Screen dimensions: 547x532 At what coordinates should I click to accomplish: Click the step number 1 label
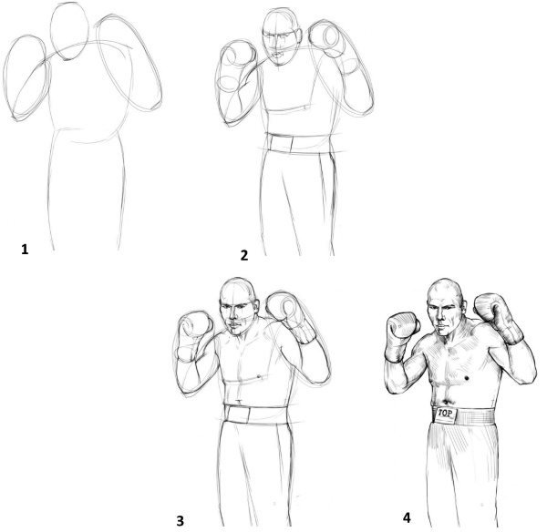25,250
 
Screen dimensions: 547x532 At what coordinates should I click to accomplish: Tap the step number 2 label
244,255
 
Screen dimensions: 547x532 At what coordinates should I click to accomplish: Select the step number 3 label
180,521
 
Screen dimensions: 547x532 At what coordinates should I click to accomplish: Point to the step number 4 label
407,517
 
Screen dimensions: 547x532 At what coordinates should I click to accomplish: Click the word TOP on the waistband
445,414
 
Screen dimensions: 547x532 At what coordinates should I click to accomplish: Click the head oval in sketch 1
69,31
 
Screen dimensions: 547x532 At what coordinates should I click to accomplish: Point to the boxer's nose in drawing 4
440,318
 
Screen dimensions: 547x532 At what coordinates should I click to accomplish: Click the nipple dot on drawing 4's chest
467,378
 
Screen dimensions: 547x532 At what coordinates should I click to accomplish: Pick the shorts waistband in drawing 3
256,414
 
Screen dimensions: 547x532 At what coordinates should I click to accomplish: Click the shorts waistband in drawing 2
299,143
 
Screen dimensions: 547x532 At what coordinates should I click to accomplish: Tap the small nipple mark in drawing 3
259,376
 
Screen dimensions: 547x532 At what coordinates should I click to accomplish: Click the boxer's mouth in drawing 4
441,328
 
